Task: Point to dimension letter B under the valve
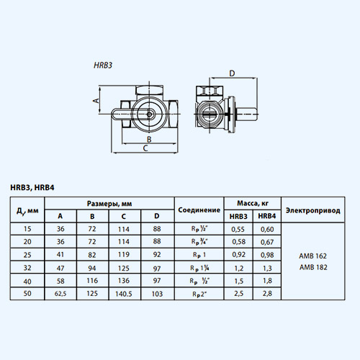pyautogui.click(x=148, y=139)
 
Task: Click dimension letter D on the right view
pyautogui.click(x=232, y=73)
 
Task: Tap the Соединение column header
pyautogui.click(x=198, y=210)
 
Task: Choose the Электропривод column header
pyautogui.click(x=314, y=210)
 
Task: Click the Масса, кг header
pyautogui.click(x=251, y=204)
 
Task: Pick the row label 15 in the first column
pyautogui.click(x=27, y=228)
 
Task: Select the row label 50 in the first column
pyautogui.click(x=27, y=294)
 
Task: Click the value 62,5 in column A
pyautogui.click(x=61, y=294)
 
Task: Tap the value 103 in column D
pyautogui.click(x=157, y=294)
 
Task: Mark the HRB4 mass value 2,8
pyautogui.click(x=267, y=294)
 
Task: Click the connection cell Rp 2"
pyautogui.click(x=198, y=294)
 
